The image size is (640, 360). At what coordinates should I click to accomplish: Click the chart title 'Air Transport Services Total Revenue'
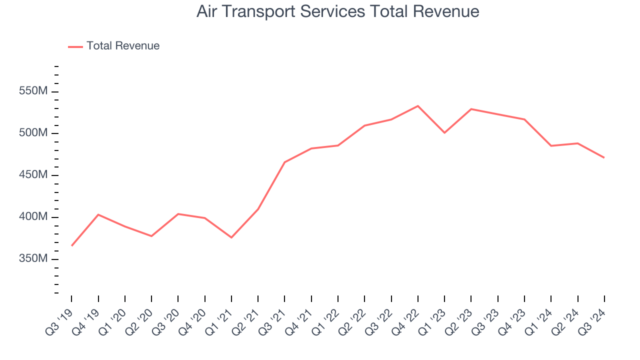337,11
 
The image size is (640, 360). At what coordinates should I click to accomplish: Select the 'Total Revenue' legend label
123,46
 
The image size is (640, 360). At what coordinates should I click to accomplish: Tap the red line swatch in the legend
75,46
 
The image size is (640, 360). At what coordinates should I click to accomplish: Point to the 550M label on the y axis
33,91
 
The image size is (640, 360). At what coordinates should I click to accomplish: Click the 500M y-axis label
33,133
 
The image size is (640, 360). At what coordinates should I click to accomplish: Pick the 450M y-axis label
33,175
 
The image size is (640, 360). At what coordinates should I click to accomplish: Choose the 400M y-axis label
33,217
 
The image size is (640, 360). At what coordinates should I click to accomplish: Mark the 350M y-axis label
33,259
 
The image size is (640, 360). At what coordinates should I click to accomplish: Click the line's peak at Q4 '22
418,106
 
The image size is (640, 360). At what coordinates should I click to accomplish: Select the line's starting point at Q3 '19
71,245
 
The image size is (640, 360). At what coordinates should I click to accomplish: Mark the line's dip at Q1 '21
231,237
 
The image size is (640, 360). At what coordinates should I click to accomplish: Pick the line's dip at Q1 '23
444,132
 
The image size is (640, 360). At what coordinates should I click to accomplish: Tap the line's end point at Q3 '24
604,157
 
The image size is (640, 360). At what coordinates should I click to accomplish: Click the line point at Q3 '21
284,162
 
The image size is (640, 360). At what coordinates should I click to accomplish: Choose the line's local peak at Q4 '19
98,214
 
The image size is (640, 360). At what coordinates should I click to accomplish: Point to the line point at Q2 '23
471,109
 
